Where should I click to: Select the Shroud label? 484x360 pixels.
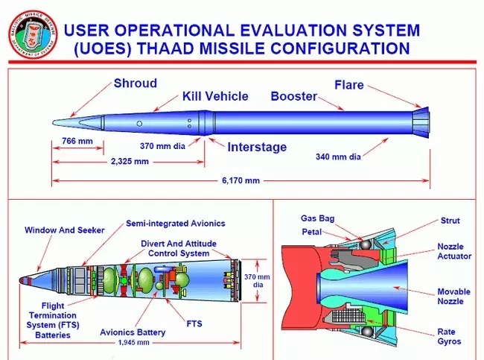click(x=135, y=83)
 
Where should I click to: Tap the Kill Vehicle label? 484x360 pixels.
click(x=217, y=97)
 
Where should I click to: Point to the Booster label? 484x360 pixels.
click(x=293, y=97)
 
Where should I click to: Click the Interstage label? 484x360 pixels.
click(x=256, y=147)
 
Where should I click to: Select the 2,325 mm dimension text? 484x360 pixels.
click(x=130, y=160)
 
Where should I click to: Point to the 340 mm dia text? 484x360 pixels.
click(x=338, y=157)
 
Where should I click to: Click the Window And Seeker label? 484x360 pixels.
click(x=65, y=230)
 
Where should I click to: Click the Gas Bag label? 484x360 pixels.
click(x=316, y=218)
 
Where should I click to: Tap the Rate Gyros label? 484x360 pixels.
click(x=450, y=336)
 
